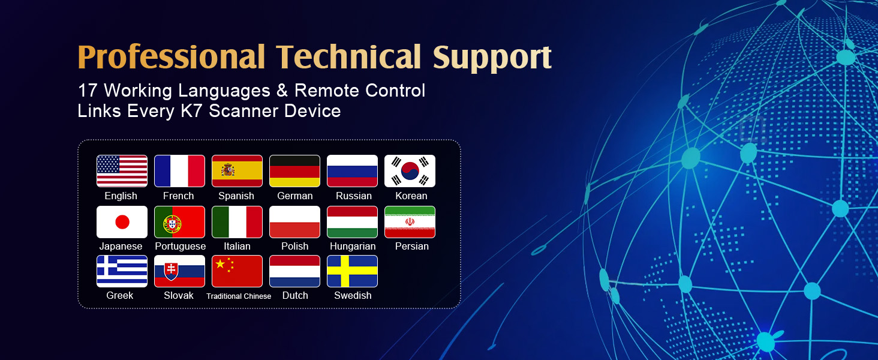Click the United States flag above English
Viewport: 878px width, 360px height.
coord(122,171)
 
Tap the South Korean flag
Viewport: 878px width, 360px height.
coord(410,171)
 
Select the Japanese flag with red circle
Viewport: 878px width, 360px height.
coord(122,222)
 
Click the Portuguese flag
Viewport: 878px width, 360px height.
coord(179,222)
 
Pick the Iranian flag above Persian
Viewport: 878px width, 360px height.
coord(410,222)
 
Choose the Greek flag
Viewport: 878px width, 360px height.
coord(122,271)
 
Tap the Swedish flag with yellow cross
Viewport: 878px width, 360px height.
coord(352,271)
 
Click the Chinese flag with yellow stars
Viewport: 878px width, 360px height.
coord(237,271)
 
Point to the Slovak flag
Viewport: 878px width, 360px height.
coord(179,271)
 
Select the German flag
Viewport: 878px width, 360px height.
coord(294,171)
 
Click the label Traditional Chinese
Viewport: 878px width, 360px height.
coord(239,296)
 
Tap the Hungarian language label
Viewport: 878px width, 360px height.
coord(353,246)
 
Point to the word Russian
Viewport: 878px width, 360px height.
coord(354,196)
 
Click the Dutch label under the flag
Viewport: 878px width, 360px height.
coord(295,295)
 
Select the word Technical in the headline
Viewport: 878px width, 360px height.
coord(348,57)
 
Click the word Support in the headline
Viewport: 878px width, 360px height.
coord(492,58)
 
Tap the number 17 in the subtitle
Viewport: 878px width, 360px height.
coord(88,91)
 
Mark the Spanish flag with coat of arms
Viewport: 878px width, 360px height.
coord(237,171)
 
